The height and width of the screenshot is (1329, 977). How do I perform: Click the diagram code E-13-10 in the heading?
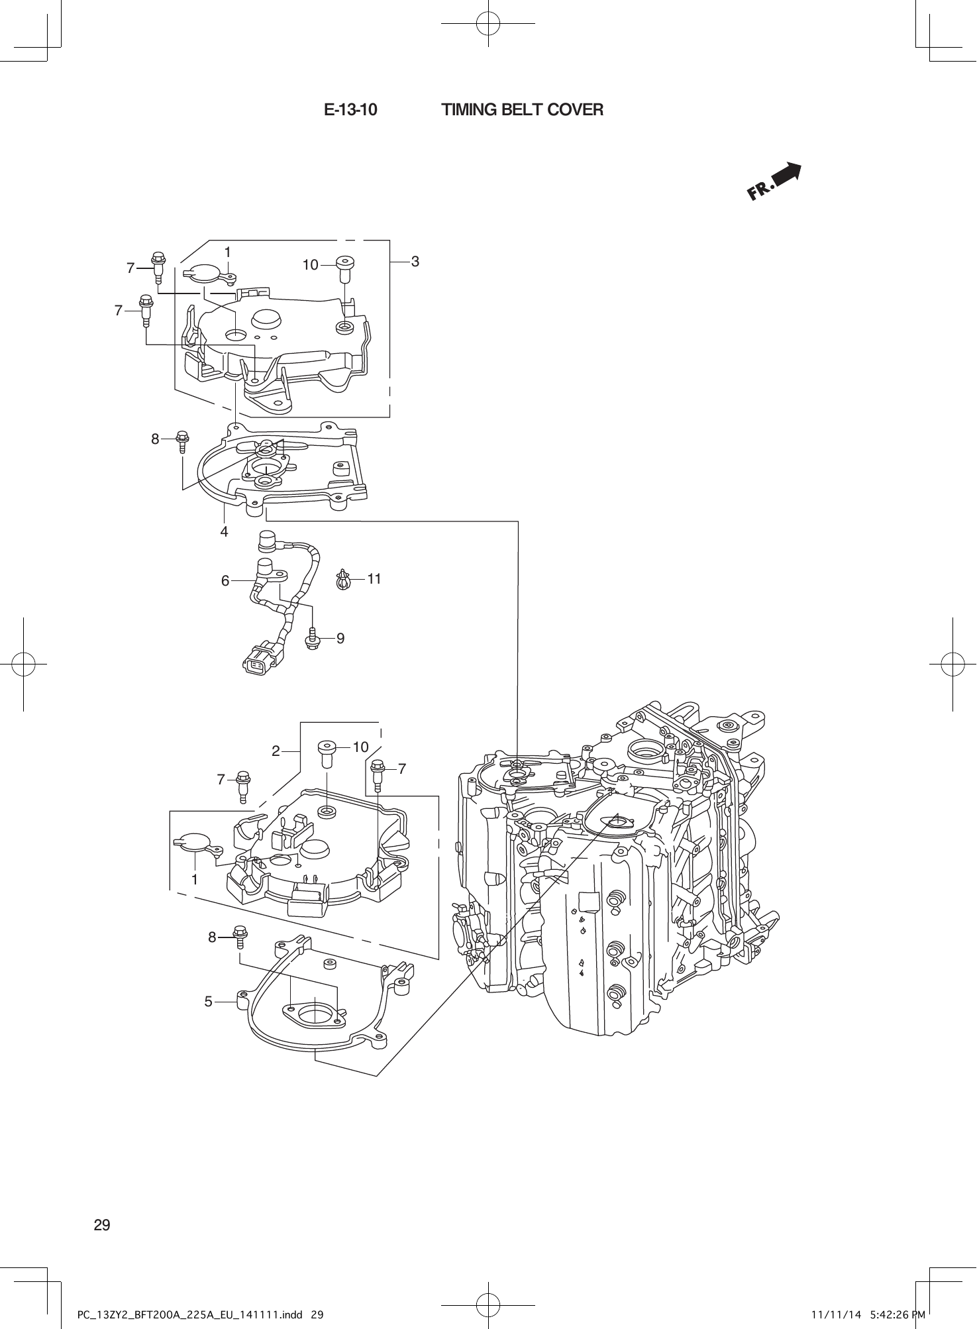(x=350, y=110)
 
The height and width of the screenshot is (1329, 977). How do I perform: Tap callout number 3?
(x=415, y=262)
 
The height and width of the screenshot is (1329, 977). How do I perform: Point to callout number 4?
(x=225, y=531)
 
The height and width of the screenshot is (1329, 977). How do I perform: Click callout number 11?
(x=374, y=578)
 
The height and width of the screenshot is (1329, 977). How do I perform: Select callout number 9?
(x=340, y=638)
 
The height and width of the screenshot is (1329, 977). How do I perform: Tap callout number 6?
(x=225, y=581)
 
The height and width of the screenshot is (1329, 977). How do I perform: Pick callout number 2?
(x=276, y=751)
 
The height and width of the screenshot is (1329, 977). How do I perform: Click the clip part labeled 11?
(x=343, y=580)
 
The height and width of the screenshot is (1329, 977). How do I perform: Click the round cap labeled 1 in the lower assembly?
(x=195, y=843)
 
